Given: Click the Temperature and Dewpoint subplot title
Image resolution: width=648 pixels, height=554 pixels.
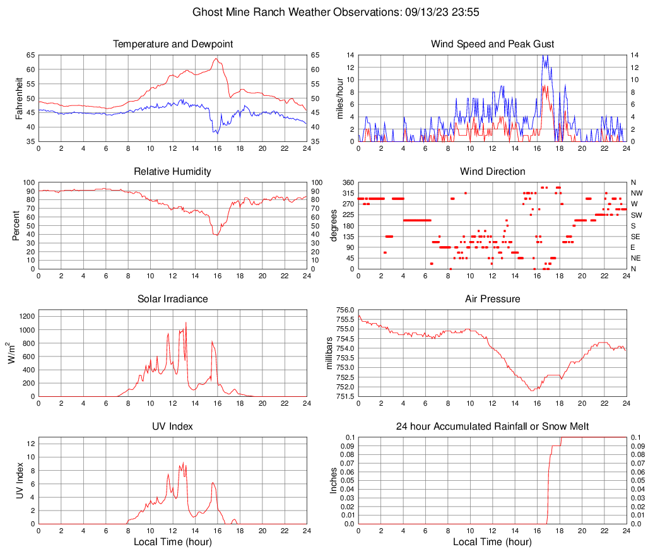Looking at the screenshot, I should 173,44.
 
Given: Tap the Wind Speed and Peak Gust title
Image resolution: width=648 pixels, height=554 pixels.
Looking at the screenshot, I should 492,44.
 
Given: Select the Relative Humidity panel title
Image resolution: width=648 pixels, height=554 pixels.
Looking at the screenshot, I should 173,172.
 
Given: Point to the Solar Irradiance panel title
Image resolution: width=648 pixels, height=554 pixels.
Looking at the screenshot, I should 173,299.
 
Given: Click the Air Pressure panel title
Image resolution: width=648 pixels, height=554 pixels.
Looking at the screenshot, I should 492,299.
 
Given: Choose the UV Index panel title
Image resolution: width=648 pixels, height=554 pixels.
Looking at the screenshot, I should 173,427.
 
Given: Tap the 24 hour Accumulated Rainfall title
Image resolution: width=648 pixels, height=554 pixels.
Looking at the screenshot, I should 492,427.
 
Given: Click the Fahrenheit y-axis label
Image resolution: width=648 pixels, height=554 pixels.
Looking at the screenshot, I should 18,98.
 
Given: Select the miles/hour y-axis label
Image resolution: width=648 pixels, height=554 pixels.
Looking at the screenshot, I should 339,98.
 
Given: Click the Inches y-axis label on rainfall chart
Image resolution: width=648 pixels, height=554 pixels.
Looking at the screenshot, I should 334,480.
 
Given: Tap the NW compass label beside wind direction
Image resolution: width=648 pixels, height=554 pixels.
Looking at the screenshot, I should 637,193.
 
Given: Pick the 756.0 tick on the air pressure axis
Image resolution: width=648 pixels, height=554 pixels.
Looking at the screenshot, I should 341,310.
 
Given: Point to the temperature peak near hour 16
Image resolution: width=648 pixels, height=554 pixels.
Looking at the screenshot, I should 216,59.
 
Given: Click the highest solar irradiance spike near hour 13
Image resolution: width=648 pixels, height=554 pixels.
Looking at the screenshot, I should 186,323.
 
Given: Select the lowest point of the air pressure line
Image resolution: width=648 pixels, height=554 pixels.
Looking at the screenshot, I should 533,391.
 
